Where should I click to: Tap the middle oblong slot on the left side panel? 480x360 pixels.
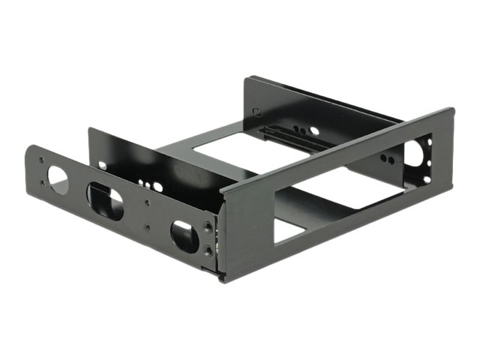coord(106,199)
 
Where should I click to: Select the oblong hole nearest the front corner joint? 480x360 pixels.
coord(183,234)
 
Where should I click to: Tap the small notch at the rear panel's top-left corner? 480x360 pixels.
coord(257,113)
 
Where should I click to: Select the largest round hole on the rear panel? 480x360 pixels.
coord(314,130)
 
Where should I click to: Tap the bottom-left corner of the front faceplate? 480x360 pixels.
coord(223,279)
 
